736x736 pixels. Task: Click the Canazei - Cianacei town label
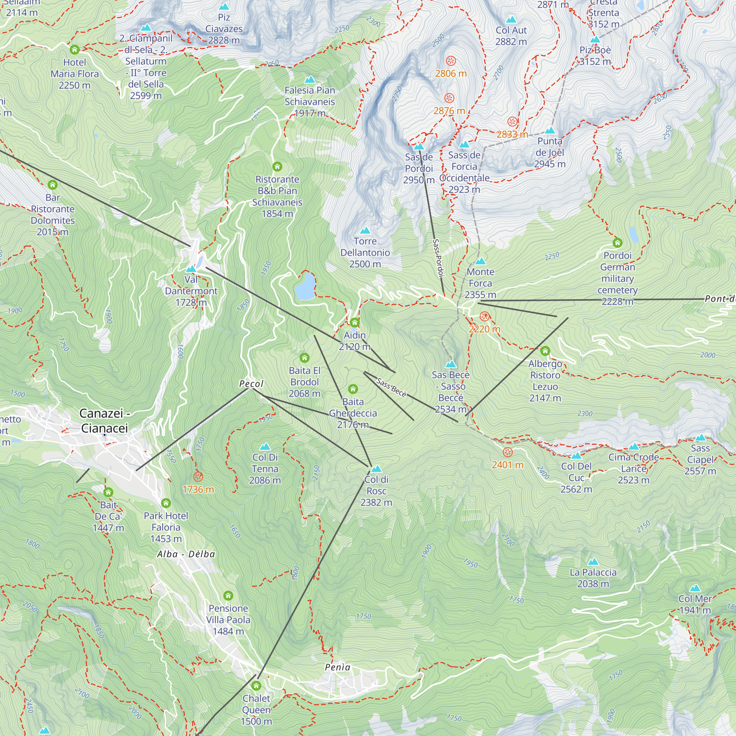click(104, 421)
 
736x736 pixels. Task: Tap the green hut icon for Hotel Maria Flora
click(75, 50)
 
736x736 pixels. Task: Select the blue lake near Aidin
click(305, 286)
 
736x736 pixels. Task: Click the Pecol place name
click(251, 383)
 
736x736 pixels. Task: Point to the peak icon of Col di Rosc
click(376, 469)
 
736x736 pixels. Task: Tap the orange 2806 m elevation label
click(451, 74)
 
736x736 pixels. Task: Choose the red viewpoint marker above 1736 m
click(198, 477)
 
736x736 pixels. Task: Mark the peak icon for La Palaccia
click(593, 562)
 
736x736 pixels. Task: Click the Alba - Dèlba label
click(186, 554)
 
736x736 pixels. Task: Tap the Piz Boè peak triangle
click(595, 40)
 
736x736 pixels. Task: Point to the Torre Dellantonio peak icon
click(365, 230)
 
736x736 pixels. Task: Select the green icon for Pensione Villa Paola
click(228, 595)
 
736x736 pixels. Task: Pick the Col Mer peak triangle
click(695, 588)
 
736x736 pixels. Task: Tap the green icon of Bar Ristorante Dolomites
click(53, 185)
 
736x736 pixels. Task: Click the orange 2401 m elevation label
click(507, 465)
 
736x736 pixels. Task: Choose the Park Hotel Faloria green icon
click(166, 503)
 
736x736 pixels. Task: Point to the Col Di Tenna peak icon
click(265, 447)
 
